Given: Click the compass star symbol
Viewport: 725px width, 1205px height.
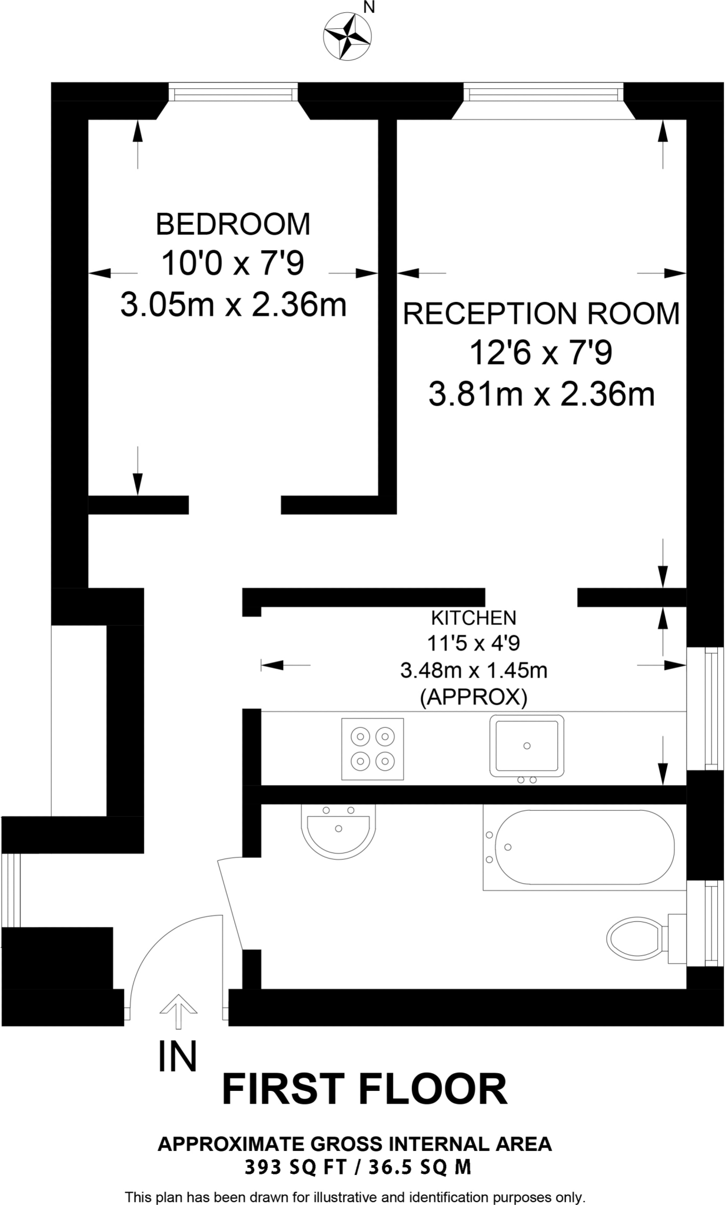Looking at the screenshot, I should click(347, 36).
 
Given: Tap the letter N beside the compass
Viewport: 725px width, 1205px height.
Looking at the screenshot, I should click(369, 8).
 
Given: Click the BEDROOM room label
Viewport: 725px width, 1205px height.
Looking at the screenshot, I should click(233, 224).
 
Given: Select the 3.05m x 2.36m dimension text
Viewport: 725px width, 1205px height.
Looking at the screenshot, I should click(233, 305).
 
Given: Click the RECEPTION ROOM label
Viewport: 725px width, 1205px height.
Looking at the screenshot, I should click(541, 313).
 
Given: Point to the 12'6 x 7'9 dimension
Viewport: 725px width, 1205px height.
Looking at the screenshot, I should click(541, 353).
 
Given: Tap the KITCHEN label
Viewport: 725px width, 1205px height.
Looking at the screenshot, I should click(474, 618).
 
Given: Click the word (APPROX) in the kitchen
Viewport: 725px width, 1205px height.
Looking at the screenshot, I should click(474, 697).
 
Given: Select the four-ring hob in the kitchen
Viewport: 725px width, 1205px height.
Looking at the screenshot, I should click(373, 748).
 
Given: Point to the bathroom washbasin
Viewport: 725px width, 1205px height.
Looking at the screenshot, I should click(338, 830).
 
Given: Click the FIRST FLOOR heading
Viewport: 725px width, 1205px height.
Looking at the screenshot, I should click(364, 1090).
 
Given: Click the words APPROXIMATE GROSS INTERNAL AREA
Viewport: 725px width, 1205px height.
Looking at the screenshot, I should click(355, 1144).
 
